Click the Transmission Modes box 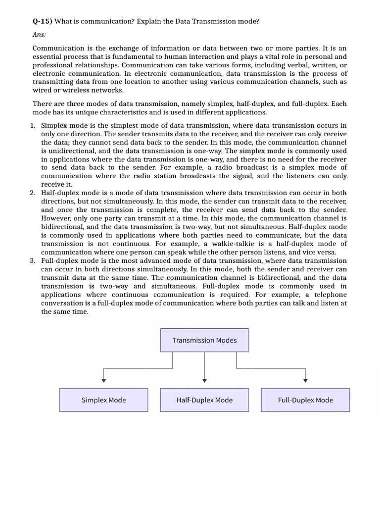204,340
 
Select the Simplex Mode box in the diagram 103,400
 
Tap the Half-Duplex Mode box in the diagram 204,400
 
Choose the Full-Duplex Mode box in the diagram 305,400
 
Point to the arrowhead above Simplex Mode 103,380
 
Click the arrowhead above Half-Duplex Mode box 204,380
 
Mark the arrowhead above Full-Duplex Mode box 305,380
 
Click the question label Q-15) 42,21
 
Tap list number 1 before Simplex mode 32,125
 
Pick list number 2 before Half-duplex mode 32,193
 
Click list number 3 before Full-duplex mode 32,260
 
